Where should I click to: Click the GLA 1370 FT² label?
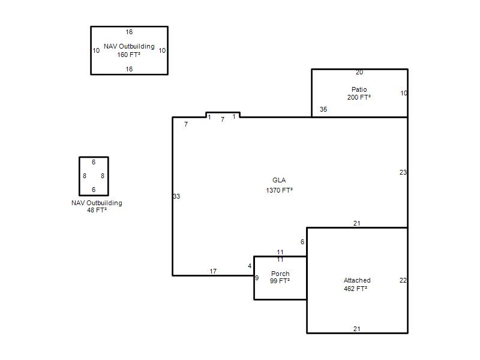[279, 185]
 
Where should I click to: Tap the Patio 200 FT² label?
[359, 94]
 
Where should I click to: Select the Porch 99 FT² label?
[280, 277]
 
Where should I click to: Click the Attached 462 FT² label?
[356, 284]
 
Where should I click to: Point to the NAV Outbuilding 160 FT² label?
[129, 50]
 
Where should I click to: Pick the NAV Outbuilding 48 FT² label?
[97, 206]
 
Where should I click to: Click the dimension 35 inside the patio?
[323, 109]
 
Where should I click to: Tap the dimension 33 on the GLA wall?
[176, 196]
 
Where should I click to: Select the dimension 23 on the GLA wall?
[403, 172]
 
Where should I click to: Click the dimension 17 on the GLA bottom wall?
[213, 271]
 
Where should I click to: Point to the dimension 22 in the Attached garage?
[403, 280]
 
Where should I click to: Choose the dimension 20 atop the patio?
[359, 72]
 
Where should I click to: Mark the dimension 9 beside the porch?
[257, 278]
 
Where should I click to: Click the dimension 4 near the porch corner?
[250, 266]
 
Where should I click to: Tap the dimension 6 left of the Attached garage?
[302, 242]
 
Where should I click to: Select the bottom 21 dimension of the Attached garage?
[356, 329]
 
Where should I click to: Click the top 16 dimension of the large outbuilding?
[129, 32]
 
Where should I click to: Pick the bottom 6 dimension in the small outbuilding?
[94, 190]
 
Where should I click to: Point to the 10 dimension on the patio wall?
[404, 93]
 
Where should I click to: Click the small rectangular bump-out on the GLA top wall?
[223, 112]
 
